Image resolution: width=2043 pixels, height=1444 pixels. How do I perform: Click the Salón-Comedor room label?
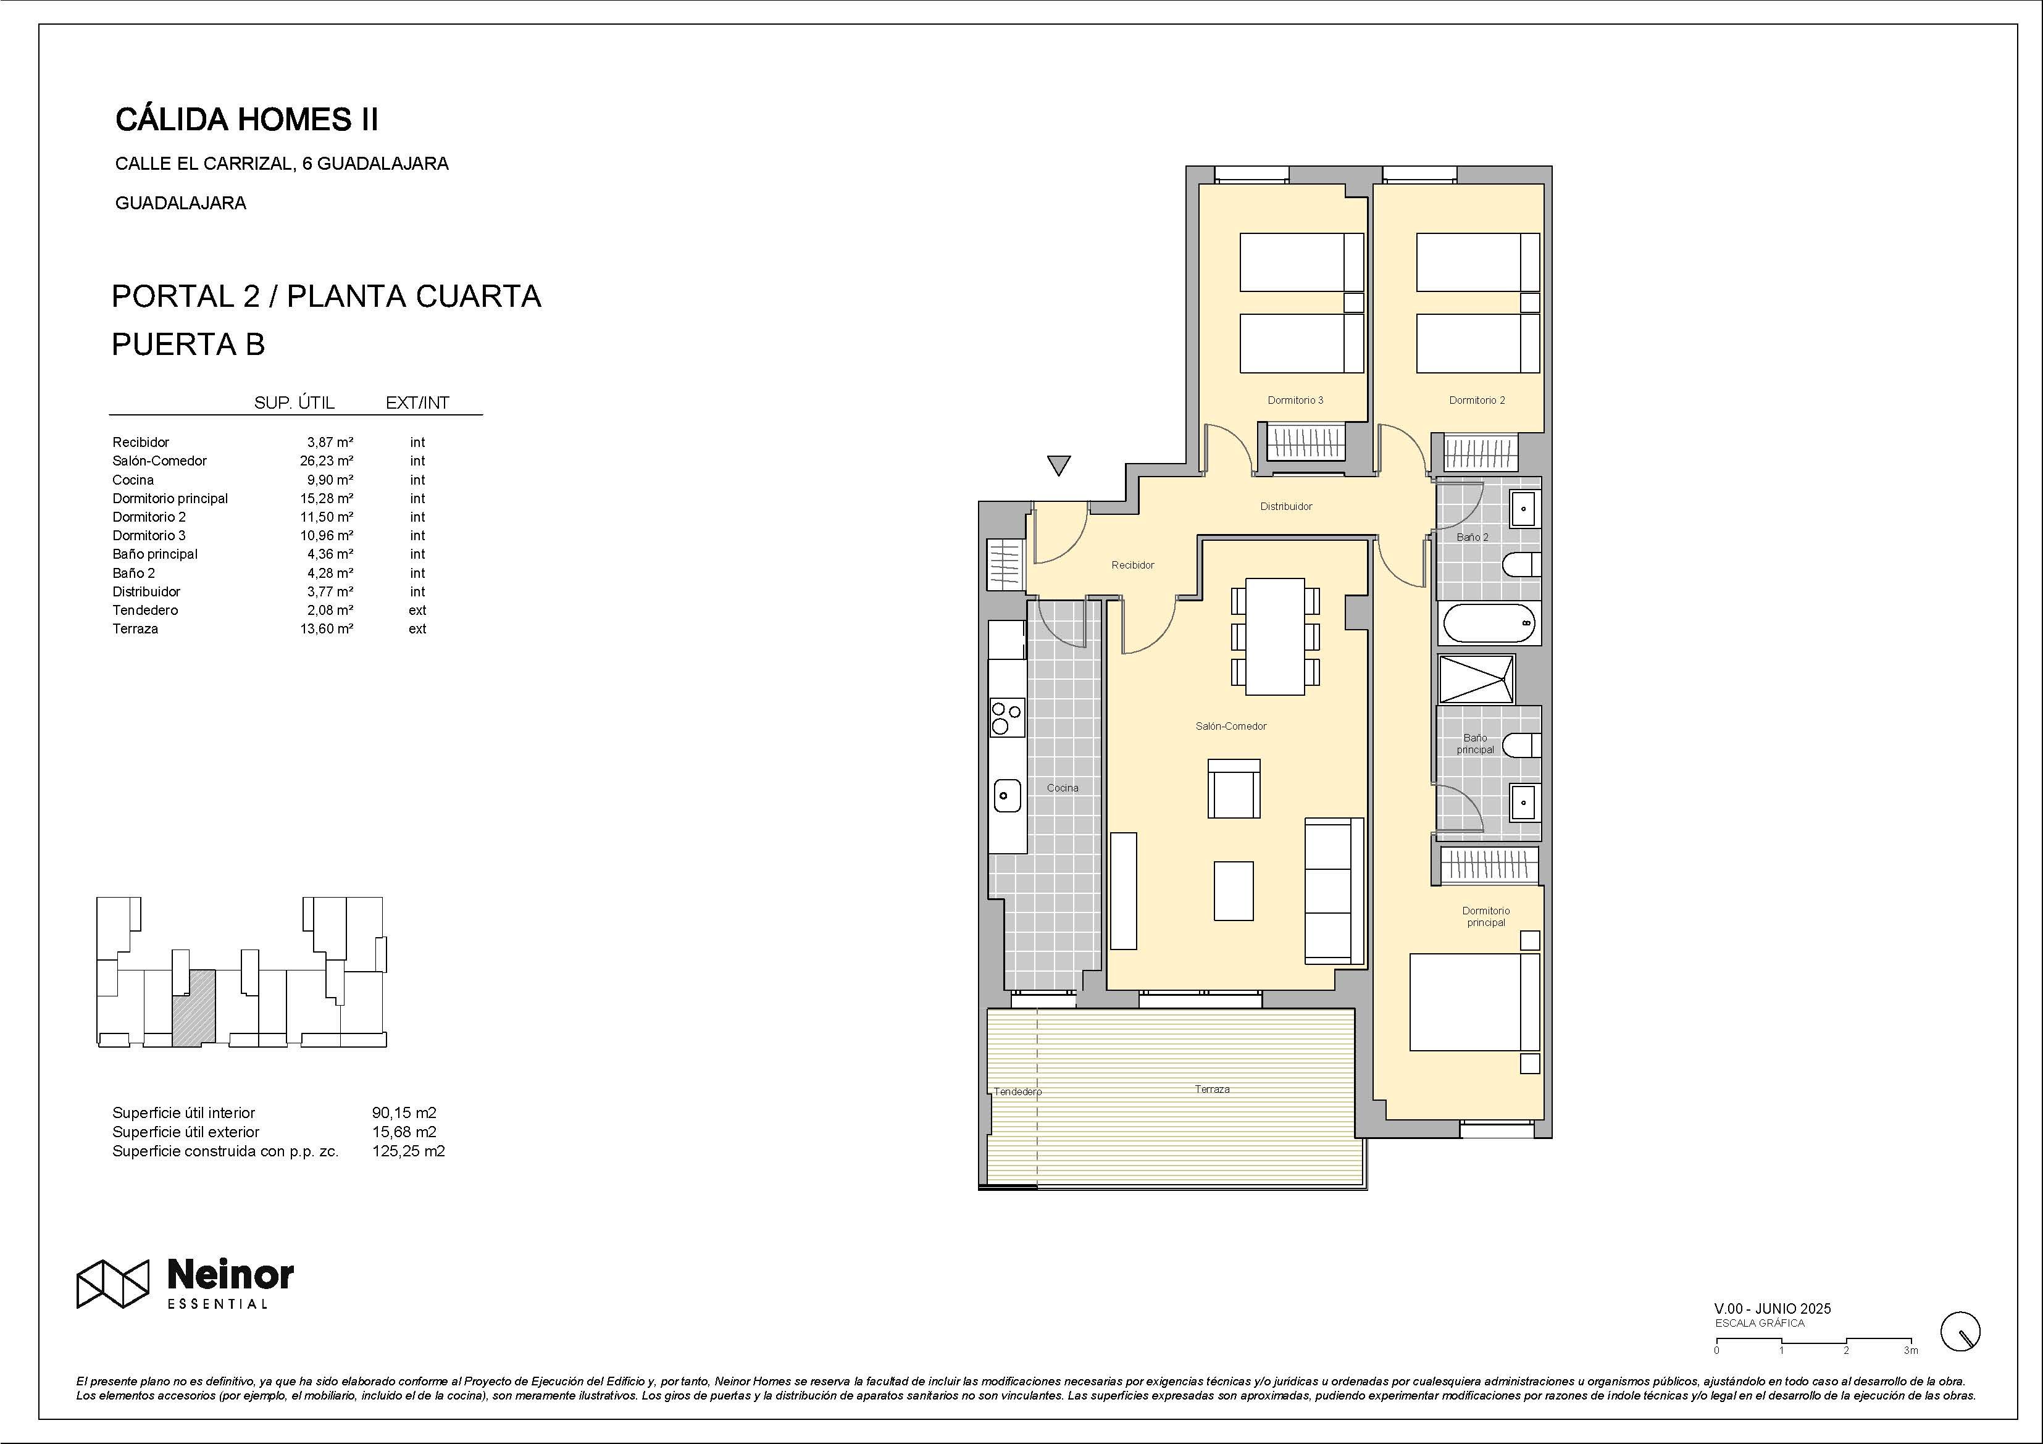[1230, 726]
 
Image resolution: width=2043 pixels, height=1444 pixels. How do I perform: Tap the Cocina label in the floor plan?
[1063, 787]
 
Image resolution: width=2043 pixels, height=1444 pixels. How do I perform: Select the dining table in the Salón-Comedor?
[1275, 636]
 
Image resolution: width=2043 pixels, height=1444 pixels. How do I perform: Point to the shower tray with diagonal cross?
[1477, 679]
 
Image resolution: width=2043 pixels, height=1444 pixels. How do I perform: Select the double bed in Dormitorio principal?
[1474, 1003]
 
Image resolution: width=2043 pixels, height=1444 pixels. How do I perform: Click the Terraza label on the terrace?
[1212, 1089]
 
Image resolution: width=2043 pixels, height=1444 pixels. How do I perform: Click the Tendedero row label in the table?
[145, 611]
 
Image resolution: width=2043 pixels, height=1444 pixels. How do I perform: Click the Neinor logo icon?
[112, 1284]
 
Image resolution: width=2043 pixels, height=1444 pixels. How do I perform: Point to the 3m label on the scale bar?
[1910, 1351]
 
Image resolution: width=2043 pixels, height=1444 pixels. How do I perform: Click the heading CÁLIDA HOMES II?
[246, 119]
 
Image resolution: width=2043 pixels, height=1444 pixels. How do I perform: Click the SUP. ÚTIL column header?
[294, 403]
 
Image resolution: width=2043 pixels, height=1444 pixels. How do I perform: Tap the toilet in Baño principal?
[1521, 745]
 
